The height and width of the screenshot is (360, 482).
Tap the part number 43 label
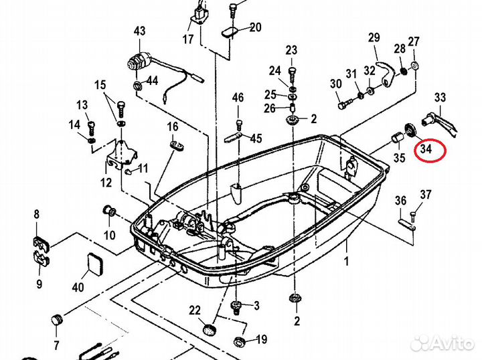click(139, 31)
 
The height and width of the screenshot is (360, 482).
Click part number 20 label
click(256, 27)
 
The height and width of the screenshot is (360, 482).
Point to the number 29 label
click(374, 37)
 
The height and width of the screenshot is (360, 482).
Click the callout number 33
click(440, 98)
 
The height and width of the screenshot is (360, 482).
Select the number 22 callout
click(195, 310)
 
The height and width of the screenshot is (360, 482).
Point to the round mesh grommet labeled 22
click(210, 330)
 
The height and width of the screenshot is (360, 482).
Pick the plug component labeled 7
click(57, 320)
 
